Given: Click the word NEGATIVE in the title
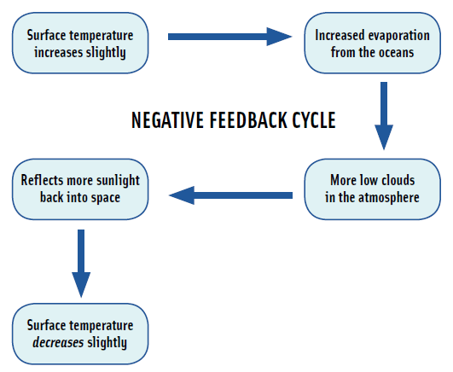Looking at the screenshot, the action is (x=168, y=120).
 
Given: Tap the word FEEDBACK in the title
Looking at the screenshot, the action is (x=248, y=120).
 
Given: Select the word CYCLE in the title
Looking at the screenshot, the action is (x=314, y=120).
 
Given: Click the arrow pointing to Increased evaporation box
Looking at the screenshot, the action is (x=230, y=37).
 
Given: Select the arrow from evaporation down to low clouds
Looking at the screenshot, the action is (x=384, y=116).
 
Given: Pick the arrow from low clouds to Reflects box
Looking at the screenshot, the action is (x=230, y=195).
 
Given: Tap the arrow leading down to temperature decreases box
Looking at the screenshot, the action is (x=81, y=264).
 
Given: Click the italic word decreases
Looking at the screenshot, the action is (x=58, y=343).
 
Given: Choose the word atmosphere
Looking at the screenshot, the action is (x=389, y=198).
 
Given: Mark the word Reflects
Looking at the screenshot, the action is (x=43, y=180).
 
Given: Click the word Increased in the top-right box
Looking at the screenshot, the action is (x=340, y=35).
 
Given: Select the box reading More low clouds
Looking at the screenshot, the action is (x=373, y=189).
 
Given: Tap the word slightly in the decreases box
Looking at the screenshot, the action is (x=107, y=343).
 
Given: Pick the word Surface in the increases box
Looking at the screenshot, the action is (x=46, y=35).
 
